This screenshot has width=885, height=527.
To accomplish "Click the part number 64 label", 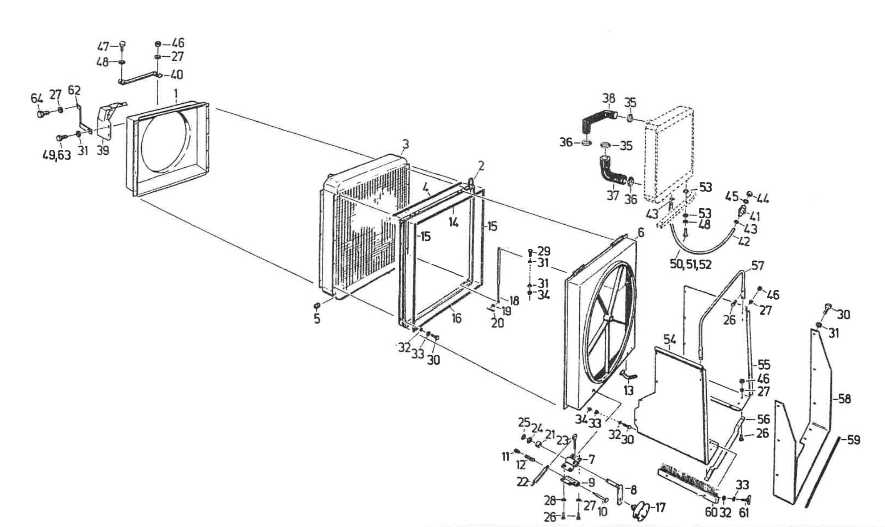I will click(x=37, y=98).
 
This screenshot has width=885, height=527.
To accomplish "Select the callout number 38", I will click(x=608, y=98).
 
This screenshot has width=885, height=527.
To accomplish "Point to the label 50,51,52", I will click(x=691, y=264).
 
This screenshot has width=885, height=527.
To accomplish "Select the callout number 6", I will click(x=641, y=232).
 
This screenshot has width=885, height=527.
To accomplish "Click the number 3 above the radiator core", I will click(x=405, y=144).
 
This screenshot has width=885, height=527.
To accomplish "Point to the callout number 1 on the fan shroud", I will click(x=176, y=94).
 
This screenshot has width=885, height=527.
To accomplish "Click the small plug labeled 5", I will click(x=317, y=306).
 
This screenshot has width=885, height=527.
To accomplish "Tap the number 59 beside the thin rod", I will click(x=853, y=440).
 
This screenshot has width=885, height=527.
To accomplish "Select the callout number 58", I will click(x=844, y=398).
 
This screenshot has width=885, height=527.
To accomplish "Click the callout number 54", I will click(x=669, y=339).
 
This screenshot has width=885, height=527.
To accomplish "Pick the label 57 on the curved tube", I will click(x=758, y=266).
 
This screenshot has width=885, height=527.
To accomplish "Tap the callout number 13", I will click(x=628, y=391).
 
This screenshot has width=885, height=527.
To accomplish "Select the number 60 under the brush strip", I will click(x=711, y=513).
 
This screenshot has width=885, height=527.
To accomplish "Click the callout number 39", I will click(x=102, y=150).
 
